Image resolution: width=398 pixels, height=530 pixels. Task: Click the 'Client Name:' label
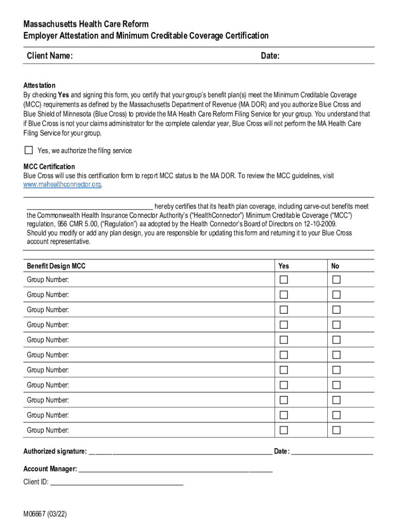[x=50, y=56]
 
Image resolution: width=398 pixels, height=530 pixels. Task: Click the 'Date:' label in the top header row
[x=270, y=56]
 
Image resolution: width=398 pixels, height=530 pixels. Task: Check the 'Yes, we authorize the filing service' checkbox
[x=28, y=151]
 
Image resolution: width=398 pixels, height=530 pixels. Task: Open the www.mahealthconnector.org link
[x=62, y=185]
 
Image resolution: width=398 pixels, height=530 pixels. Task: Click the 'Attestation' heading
[x=39, y=85]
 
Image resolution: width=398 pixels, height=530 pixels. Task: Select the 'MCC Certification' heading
[x=49, y=167]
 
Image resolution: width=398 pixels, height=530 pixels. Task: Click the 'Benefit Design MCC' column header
[x=56, y=266]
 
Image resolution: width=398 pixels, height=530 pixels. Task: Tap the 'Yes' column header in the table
[x=284, y=266]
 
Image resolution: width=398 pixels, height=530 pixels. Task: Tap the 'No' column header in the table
[x=335, y=266]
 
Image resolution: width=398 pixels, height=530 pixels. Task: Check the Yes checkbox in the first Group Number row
[x=284, y=280]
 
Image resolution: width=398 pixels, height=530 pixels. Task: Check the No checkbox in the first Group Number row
[x=336, y=280]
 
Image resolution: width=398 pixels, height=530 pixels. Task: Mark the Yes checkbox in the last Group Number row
[x=284, y=430]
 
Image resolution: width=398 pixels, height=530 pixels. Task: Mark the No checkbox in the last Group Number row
[x=336, y=430]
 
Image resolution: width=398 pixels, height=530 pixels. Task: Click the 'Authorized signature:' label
[x=55, y=452]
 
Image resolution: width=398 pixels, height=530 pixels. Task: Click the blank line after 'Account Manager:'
[x=175, y=469]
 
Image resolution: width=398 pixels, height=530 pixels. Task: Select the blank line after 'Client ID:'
[x=116, y=482]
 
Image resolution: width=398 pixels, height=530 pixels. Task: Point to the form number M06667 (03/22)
[x=45, y=514]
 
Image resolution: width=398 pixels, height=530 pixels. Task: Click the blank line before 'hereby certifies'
[x=89, y=207]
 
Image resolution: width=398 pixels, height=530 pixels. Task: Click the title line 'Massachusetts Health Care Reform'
[x=86, y=24]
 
